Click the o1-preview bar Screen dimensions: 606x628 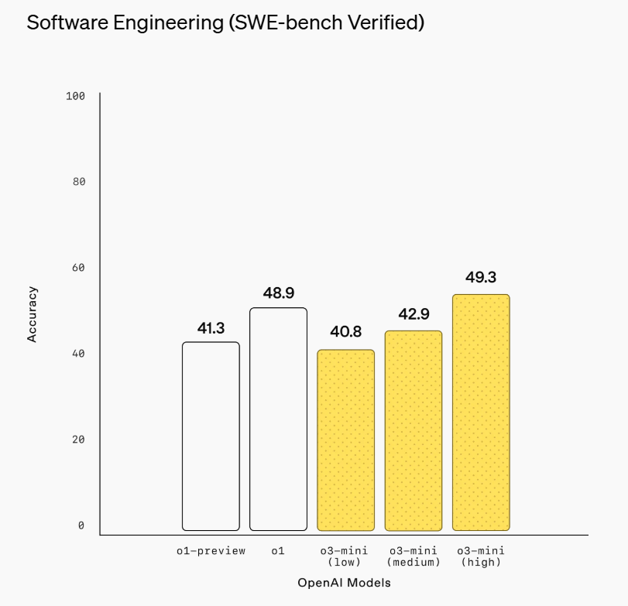click(x=211, y=436)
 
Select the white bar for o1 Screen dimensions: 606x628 click(x=278, y=419)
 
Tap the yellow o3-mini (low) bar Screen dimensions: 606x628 click(x=345, y=440)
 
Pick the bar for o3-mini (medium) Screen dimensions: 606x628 click(x=414, y=430)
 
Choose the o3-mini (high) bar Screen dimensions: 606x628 click(x=481, y=412)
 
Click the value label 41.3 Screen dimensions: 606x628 click(x=211, y=329)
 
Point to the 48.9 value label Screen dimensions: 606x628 click(x=278, y=293)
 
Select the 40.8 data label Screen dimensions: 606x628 click(x=345, y=332)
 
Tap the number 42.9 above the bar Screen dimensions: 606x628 click(x=414, y=314)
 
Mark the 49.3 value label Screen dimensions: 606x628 click(x=481, y=277)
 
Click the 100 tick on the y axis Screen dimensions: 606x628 click(x=76, y=96)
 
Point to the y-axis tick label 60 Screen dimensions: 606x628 click(x=79, y=268)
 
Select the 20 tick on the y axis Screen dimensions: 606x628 click(x=79, y=440)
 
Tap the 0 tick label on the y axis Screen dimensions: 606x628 click(x=81, y=526)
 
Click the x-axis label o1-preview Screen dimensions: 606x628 click(x=211, y=551)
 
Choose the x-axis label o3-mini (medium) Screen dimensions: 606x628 click(x=414, y=556)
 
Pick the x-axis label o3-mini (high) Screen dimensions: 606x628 click(x=481, y=556)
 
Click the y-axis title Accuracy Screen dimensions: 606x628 click(x=33, y=314)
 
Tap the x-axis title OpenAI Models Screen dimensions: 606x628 click(x=344, y=583)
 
